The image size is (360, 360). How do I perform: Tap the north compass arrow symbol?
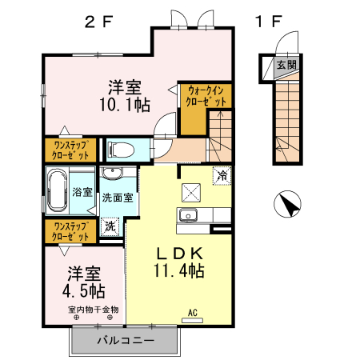[x=286, y=205]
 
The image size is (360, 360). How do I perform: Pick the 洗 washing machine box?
[x=110, y=226]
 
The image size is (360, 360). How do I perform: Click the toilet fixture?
[x=117, y=149]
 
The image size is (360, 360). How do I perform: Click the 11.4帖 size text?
[x=178, y=271]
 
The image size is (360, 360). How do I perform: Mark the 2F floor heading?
[x=99, y=22]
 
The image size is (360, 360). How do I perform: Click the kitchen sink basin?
[x=190, y=214]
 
